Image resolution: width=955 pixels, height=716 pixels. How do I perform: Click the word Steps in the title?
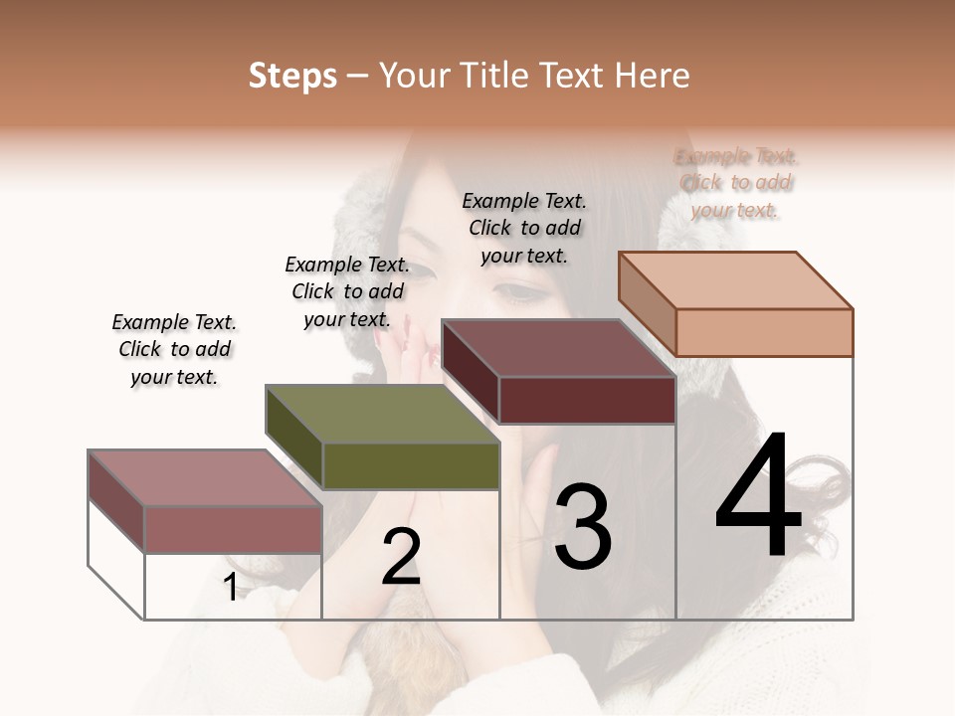[292, 76]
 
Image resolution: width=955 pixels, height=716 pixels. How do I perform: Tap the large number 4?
[758, 497]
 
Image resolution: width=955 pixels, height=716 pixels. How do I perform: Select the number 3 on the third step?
[582, 526]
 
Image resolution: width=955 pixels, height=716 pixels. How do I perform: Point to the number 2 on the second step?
[401, 556]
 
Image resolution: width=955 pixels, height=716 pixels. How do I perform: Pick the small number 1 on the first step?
[231, 588]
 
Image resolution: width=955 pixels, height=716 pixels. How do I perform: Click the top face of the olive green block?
[382, 414]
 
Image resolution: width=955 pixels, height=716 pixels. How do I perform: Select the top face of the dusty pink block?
[204, 478]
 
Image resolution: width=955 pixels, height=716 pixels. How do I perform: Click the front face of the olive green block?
[411, 465]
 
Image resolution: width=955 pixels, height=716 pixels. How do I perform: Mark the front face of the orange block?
[764, 332]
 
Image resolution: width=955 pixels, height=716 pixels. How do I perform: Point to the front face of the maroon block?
[587, 400]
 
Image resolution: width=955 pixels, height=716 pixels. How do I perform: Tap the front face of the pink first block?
[233, 529]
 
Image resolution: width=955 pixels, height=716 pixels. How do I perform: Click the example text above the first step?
[174, 349]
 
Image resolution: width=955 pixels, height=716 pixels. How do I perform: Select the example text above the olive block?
[347, 291]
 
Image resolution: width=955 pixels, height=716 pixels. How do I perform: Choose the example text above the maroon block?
[524, 228]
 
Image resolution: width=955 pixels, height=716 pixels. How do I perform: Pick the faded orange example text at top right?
[735, 183]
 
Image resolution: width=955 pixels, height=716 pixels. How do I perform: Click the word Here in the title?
[652, 76]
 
